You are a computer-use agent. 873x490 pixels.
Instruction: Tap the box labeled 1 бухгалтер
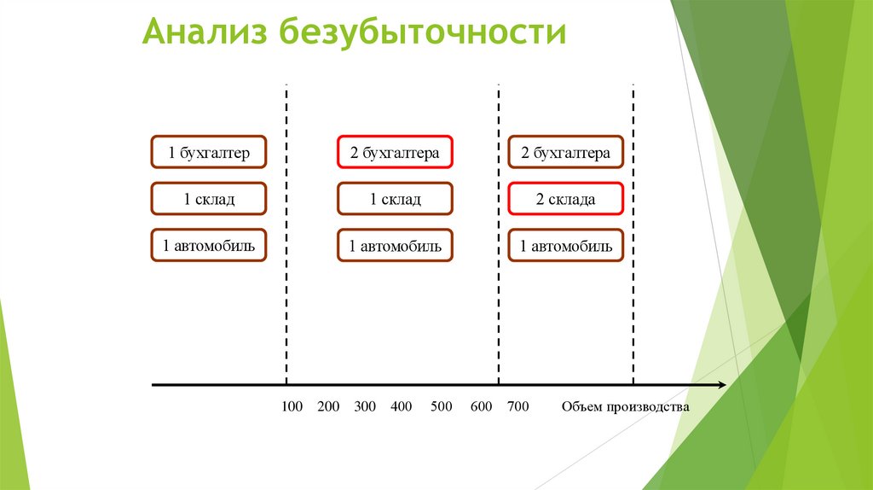[x=209, y=153]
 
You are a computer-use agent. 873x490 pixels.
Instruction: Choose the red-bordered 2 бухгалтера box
[x=394, y=153]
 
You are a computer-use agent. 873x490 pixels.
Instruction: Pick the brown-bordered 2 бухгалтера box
[x=565, y=153]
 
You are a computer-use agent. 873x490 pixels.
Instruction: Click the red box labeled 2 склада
[x=565, y=200]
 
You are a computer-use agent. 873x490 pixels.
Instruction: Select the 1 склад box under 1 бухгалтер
[x=209, y=200]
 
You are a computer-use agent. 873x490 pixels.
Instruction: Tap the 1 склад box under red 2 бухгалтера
[x=394, y=200]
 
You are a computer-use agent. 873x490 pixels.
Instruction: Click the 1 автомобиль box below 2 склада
[x=565, y=247]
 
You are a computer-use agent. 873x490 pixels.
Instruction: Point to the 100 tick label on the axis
[x=292, y=406]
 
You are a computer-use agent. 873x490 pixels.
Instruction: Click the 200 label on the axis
[x=328, y=406]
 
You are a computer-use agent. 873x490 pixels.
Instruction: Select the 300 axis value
[x=365, y=406]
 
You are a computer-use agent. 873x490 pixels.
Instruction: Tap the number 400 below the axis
[x=401, y=406]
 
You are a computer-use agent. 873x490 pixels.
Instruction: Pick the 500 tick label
[x=441, y=406]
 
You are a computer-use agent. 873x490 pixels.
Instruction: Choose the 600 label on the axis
[x=481, y=406]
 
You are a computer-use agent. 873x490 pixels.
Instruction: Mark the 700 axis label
[x=517, y=406]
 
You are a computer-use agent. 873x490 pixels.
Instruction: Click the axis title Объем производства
[x=624, y=406]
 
